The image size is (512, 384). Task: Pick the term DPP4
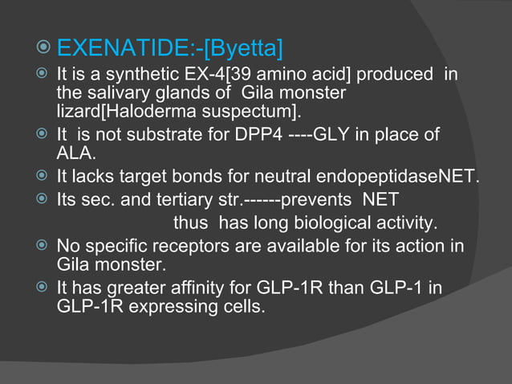tap(256, 135)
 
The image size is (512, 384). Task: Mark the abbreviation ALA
tap(74, 153)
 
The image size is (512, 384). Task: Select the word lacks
tap(84, 177)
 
